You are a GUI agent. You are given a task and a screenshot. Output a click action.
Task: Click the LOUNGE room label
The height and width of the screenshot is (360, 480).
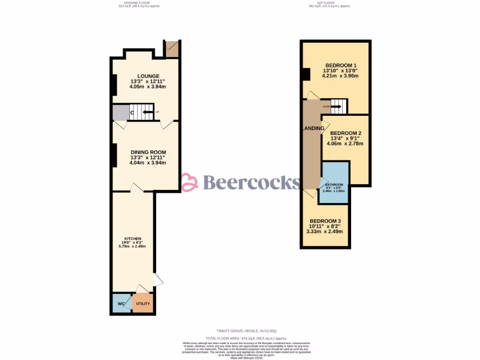pyautogui.click(x=148, y=76)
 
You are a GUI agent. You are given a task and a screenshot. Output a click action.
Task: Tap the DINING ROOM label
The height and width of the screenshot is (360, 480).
pyautogui.click(x=148, y=152)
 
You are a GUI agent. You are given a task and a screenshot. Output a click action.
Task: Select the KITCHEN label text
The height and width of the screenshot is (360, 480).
pyautogui.click(x=133, y=239)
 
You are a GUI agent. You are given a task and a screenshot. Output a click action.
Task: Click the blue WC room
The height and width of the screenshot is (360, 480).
pyautogui.click(x=120, y=303)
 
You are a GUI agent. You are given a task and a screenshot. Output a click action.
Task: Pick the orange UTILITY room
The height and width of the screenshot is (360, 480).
pyautogui.click(x=143, y=303)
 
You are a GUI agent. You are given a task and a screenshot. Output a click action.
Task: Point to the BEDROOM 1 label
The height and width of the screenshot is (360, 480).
pyautogui.click(x=341, y=65)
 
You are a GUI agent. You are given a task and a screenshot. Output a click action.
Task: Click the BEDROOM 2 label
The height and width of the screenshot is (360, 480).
pyautogui.click(x=346, y=133)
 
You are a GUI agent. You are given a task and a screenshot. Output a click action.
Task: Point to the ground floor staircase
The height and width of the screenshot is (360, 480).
pyautogui.click(x=141, y=112)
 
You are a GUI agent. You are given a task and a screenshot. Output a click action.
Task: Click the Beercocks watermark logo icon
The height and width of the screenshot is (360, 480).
pyautogui.click(x=190, y=182)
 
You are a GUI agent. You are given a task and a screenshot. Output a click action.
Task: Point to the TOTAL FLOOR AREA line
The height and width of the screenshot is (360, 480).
pyautogui.click(x=246, y=338)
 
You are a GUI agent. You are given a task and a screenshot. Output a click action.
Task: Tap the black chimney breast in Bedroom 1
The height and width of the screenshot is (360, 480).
pyautogui.click(x=306, y=75)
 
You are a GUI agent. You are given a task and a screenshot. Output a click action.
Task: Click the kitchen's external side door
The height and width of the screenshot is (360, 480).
pyautogui.click(x=158, y=280)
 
